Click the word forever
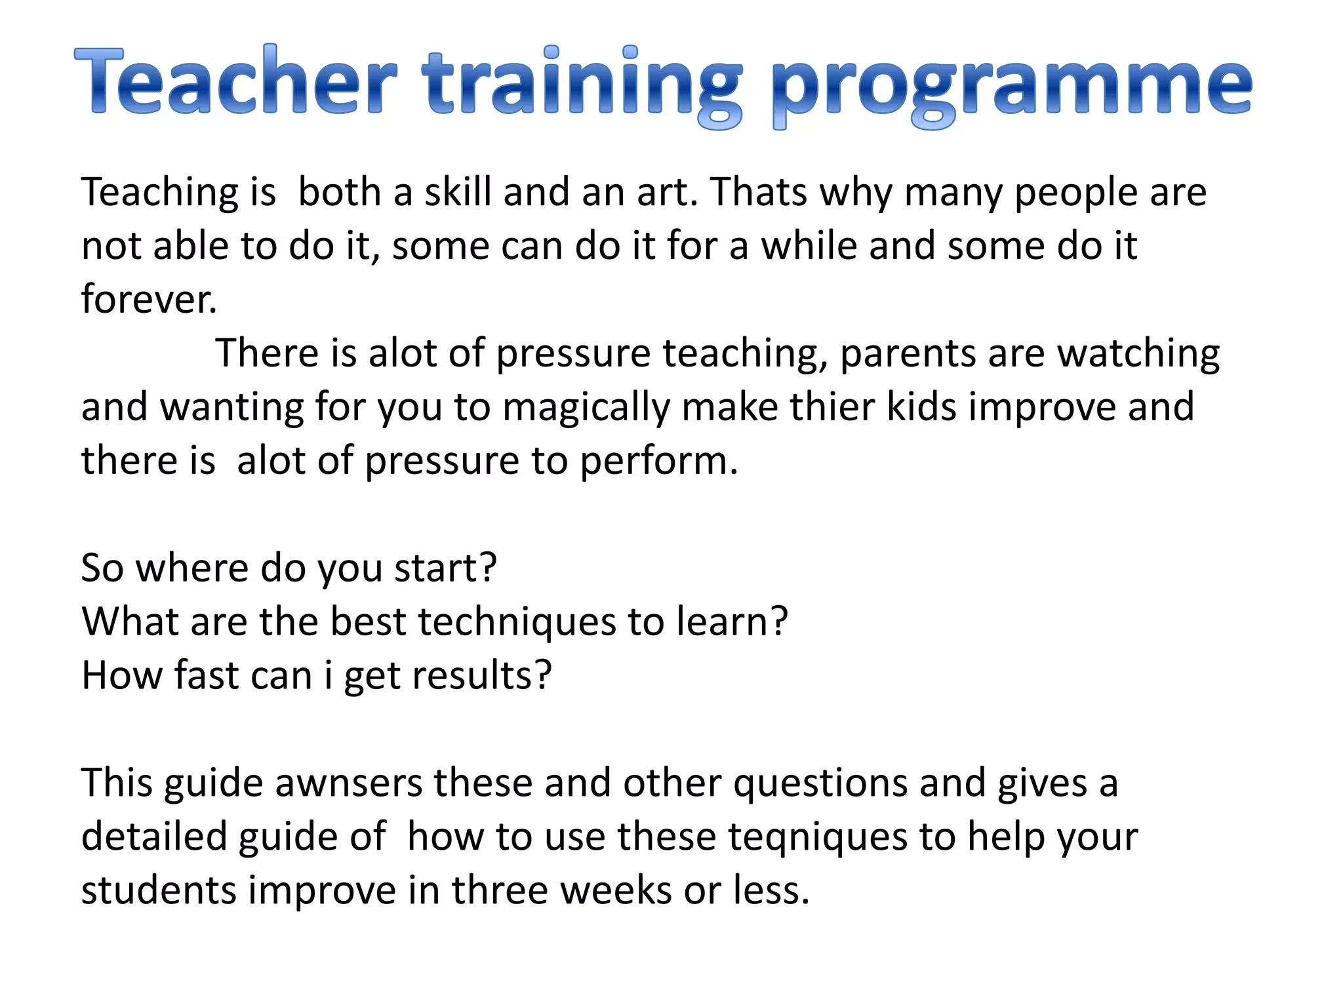[149, 300]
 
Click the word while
[809, 246]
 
